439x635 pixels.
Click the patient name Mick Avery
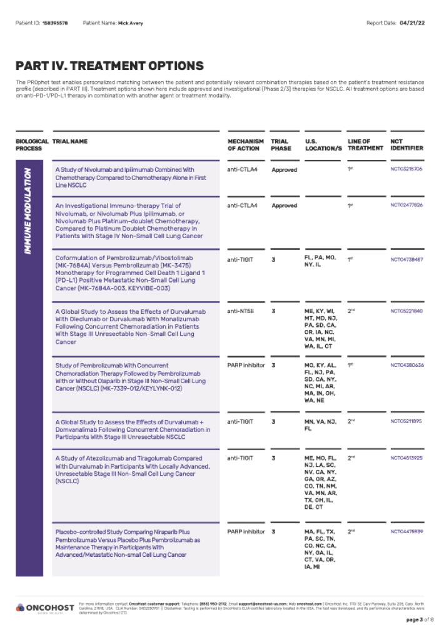[x=130, y=23]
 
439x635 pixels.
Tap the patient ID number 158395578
[x=55, y=23]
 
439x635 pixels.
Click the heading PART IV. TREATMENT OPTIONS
[x=109, y=66]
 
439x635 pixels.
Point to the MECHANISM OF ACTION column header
[x=245, y=145]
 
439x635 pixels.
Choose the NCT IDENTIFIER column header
[x=406, y=145]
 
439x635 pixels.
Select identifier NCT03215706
[x=406, y=169]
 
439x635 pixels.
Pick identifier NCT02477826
[x=406, y=205]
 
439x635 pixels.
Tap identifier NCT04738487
[x=406, y=259]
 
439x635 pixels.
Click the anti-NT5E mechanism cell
[x=241, y=311]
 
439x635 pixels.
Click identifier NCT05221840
[x=406, y=311]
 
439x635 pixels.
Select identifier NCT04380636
[x=406, y=365]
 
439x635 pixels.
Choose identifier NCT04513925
[x=406, y=458]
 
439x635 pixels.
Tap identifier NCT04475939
[x=406, y=531]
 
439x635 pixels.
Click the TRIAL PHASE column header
[x=281, y=145]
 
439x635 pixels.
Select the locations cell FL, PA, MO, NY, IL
[x=320, y=262]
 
